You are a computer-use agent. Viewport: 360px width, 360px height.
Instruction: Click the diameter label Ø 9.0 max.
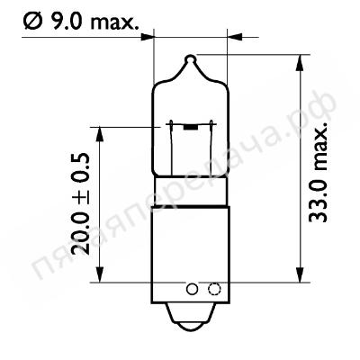[x=81, y=21]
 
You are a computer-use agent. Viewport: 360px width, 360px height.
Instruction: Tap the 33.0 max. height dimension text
[x=318, y=172]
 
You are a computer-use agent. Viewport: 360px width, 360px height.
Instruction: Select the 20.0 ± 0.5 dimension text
[x=80, y=204]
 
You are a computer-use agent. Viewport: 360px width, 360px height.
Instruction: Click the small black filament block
[x=191, y=128]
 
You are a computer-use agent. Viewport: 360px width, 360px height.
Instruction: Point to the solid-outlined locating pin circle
[x=192, y=289]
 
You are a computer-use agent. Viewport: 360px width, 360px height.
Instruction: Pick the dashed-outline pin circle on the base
[x=214, y=289]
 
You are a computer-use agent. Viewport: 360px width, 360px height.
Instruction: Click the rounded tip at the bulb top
[x=191, y=58]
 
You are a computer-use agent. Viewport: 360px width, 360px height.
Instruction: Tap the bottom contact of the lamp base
[x=191, y=316]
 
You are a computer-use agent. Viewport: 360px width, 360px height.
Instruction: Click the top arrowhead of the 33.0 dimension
[x=300, y=63]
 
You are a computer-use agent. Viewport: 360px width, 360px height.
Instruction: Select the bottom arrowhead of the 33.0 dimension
[x=300, y=274]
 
